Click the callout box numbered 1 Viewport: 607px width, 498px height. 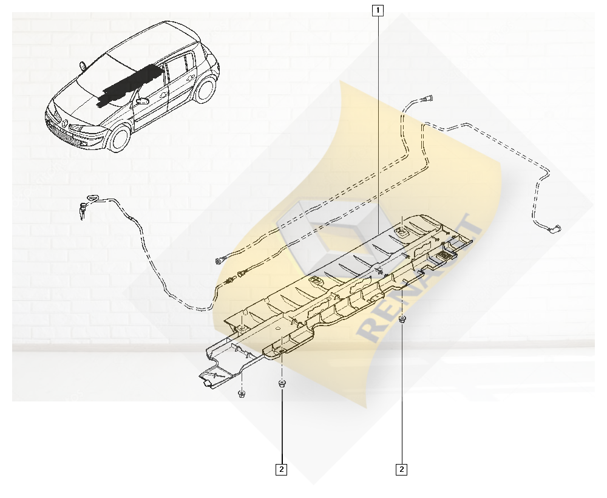(x=378, y=10)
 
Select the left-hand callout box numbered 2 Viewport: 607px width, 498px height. (x=282, y=469)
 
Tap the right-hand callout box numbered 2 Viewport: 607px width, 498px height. (x=402, y=469)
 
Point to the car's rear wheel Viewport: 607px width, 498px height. (x=205, y=89)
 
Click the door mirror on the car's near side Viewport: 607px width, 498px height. (x=142, y=101)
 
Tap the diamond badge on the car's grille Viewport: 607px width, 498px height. (x=64, y=124)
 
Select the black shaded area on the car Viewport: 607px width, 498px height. (x=130, y=86)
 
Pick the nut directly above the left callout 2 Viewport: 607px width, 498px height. (x=282, y=384)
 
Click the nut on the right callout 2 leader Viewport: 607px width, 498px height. (x=402, y=319)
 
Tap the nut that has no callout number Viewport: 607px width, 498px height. (x=242, y=394)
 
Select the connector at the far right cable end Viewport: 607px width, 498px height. (x=557, y=228)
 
